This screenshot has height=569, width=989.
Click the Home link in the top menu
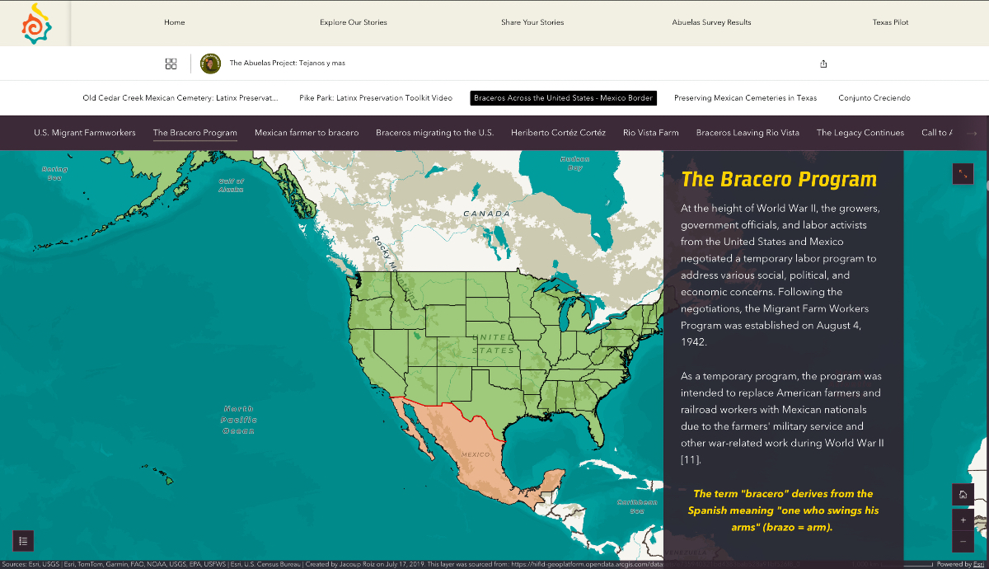point(174,22)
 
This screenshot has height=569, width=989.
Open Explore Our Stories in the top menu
point(353,22)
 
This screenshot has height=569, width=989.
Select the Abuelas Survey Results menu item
point(711,22)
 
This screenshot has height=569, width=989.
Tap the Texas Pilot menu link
point(890,22)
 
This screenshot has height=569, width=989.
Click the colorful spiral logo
point(36,24)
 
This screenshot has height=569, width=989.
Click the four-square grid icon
point(171,63)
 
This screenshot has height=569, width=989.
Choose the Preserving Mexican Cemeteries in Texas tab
point(745,98)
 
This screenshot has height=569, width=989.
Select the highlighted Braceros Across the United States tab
point(564,98)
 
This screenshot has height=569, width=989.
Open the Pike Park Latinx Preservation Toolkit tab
point(376,98)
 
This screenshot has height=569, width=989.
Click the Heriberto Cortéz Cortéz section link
point(558,133)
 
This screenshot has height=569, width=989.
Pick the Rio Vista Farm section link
point(651,133)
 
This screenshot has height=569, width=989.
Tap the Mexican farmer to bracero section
point(307,133)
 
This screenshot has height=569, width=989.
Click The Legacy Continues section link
point(860,133)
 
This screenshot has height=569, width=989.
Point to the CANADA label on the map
point(486,214)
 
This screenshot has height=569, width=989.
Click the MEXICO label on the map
point(476,454)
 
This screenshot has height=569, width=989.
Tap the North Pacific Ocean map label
point(238,420)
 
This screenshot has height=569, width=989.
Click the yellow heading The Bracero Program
point(779,180)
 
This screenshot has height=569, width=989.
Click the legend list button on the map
point(23,541)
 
